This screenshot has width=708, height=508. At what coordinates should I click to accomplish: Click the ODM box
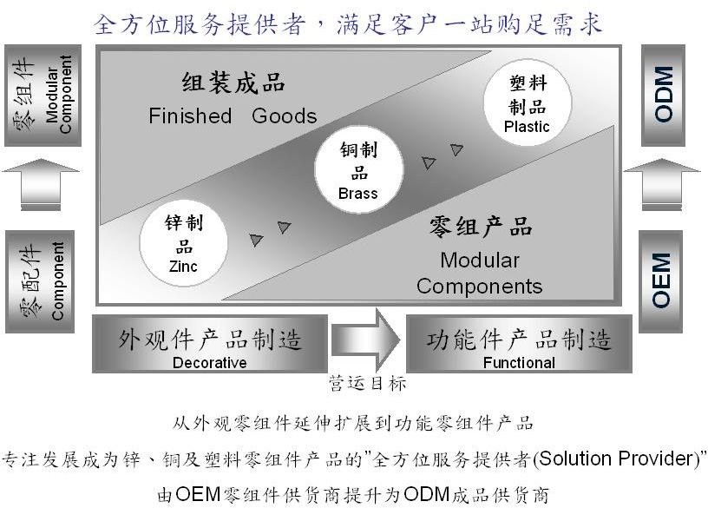pos(664,95)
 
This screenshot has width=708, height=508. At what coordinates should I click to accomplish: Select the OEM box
pos(662,280)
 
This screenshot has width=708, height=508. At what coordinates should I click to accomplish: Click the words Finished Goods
pos(233,115)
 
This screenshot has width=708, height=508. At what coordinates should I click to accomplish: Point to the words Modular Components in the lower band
pos(479,273)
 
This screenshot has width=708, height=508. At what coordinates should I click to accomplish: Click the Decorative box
pos(210,345)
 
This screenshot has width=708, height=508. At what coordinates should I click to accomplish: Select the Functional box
pos(519,345)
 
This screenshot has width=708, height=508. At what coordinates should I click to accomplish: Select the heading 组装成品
pos(233,84)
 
